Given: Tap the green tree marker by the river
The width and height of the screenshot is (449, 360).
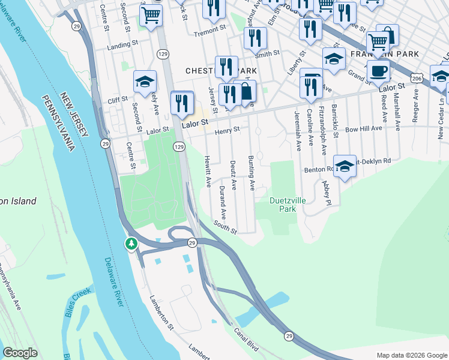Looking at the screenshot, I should pyautogui.click(x=131, y=244).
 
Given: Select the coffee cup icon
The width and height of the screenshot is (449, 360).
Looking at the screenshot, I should pyautogui.click(x=378, y=71).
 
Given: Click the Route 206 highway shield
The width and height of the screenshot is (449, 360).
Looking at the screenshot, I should pyautogui.click(x=418, y=77).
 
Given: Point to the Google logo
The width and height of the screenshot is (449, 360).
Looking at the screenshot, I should pyautogui.click(x=20, y=353).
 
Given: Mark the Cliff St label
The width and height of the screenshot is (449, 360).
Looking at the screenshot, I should pyautogui.click(x=117, y=100).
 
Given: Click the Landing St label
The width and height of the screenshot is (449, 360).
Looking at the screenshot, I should pyautogui.click(x=118, y=46).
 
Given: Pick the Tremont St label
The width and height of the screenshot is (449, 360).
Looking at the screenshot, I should pyautogui.click(x=209, y=28).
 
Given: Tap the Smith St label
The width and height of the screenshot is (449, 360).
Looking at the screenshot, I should pyautogui.click(x=268, y=53).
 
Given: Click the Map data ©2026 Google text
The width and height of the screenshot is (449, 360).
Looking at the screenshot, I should pyautogui.click(x=411, y=355).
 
